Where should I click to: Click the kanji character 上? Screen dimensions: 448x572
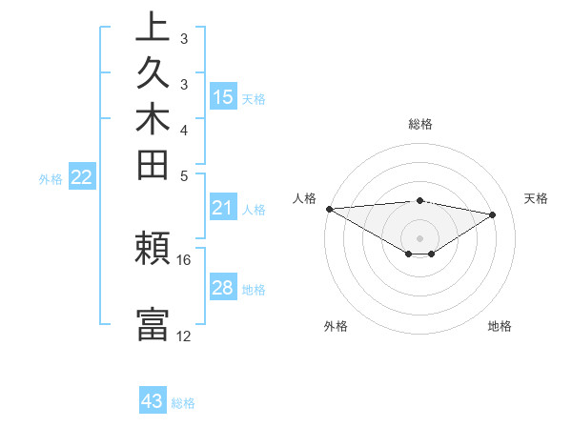pos(153,29)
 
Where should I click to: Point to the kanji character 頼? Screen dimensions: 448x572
pos(153,250)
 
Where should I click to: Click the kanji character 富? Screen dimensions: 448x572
pos(153,324)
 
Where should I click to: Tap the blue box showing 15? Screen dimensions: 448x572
pos(223,96)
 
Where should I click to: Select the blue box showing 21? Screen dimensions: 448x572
pos(223,208)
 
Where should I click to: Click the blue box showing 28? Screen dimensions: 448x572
pos(223,288)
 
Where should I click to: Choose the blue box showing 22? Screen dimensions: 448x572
pos(82,176)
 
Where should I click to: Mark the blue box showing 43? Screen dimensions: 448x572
pos(153,401)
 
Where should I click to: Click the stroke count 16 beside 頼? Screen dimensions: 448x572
pos(184,259)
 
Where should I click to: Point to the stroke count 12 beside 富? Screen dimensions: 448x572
pos(184,336)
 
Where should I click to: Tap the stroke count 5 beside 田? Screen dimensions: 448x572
pos(184,175)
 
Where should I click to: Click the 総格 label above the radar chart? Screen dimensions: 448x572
pos(420,124)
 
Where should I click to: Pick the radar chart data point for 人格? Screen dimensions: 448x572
pos(329,209)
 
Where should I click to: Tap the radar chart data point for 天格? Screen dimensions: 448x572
pos(493,214)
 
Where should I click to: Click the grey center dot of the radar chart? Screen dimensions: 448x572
pos(420,237)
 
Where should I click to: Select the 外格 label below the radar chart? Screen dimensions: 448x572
pos(336,326)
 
